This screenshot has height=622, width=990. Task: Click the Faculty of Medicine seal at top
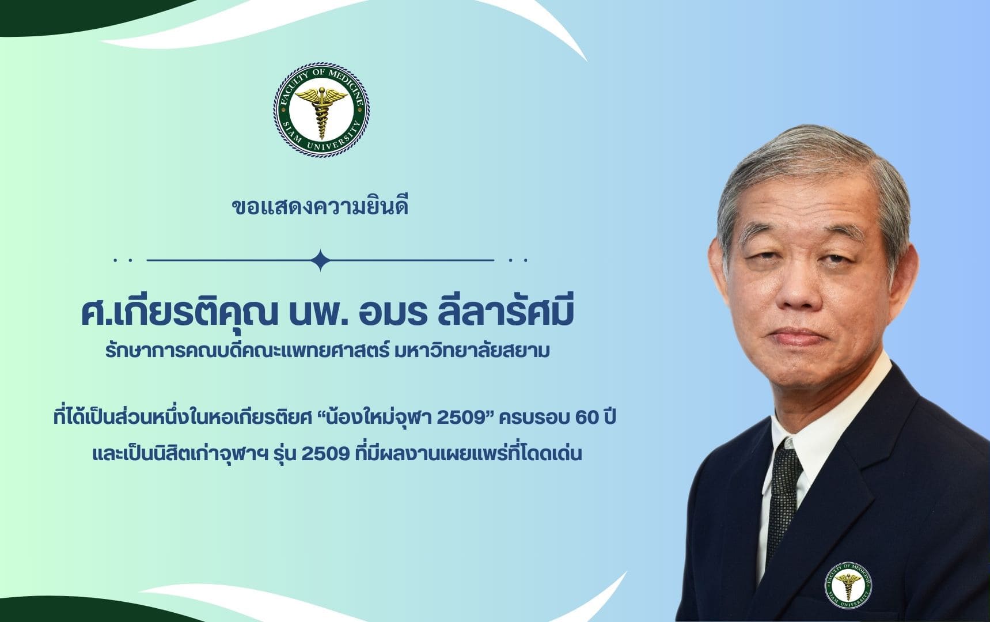click(321, 111)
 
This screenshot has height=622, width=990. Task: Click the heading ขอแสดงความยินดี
click(320, 206)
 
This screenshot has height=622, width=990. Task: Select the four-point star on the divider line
click(320, 260)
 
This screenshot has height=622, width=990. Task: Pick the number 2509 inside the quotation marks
click(460, 418)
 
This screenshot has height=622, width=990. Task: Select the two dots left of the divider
click(123, 260)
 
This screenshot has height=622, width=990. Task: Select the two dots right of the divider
click(518, 260)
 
